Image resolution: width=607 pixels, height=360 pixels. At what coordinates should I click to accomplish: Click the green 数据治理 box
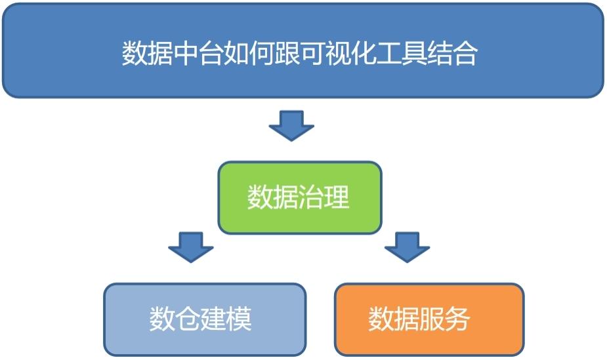point(300,197)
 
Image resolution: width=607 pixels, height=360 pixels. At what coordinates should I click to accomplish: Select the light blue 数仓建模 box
point(205,319)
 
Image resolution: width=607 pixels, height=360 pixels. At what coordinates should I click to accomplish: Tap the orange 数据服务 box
point(429,319)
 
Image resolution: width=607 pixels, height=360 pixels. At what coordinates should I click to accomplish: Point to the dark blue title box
point(303,50)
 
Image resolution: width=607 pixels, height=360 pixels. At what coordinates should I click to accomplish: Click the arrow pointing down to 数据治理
point(291,126)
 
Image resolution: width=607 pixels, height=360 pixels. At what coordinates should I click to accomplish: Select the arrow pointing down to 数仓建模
point(191,247)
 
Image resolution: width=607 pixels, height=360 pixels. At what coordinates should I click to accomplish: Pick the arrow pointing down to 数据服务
point(408,247)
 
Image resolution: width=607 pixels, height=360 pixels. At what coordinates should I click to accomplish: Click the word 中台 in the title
point(198,53)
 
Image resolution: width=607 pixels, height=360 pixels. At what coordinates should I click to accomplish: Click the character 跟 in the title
point(287,53)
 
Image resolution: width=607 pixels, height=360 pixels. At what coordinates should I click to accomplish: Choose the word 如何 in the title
point(249,53)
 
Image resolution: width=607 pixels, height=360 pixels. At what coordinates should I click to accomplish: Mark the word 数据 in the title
point(147,53)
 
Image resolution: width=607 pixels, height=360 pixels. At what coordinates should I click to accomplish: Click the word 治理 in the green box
point(324,197)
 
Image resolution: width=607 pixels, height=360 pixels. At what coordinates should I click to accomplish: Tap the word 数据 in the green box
point(273,197)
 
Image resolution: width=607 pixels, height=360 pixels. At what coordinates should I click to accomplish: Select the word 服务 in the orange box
point(445,319)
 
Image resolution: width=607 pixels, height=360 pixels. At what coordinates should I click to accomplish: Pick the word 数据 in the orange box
point(394,319)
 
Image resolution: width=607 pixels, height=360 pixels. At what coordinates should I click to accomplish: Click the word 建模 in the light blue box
point(226,319)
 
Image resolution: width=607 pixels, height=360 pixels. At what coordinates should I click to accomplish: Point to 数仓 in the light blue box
point(175,319)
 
